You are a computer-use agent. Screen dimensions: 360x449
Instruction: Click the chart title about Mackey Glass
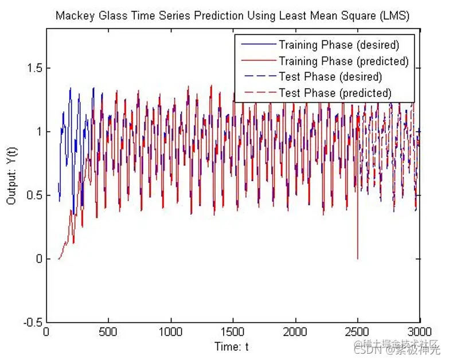pos(232,15)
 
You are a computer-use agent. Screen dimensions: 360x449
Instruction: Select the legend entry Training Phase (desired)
pos(338,44)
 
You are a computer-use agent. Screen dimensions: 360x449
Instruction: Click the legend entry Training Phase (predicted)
pos(343,60)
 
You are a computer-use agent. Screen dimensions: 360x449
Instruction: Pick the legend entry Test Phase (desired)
pos(330,76)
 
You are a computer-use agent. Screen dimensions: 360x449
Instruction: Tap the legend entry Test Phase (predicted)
pos(335,92)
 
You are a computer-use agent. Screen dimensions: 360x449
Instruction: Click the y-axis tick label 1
pos(38,132)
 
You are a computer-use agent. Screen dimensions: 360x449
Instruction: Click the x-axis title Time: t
pos(232,346)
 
